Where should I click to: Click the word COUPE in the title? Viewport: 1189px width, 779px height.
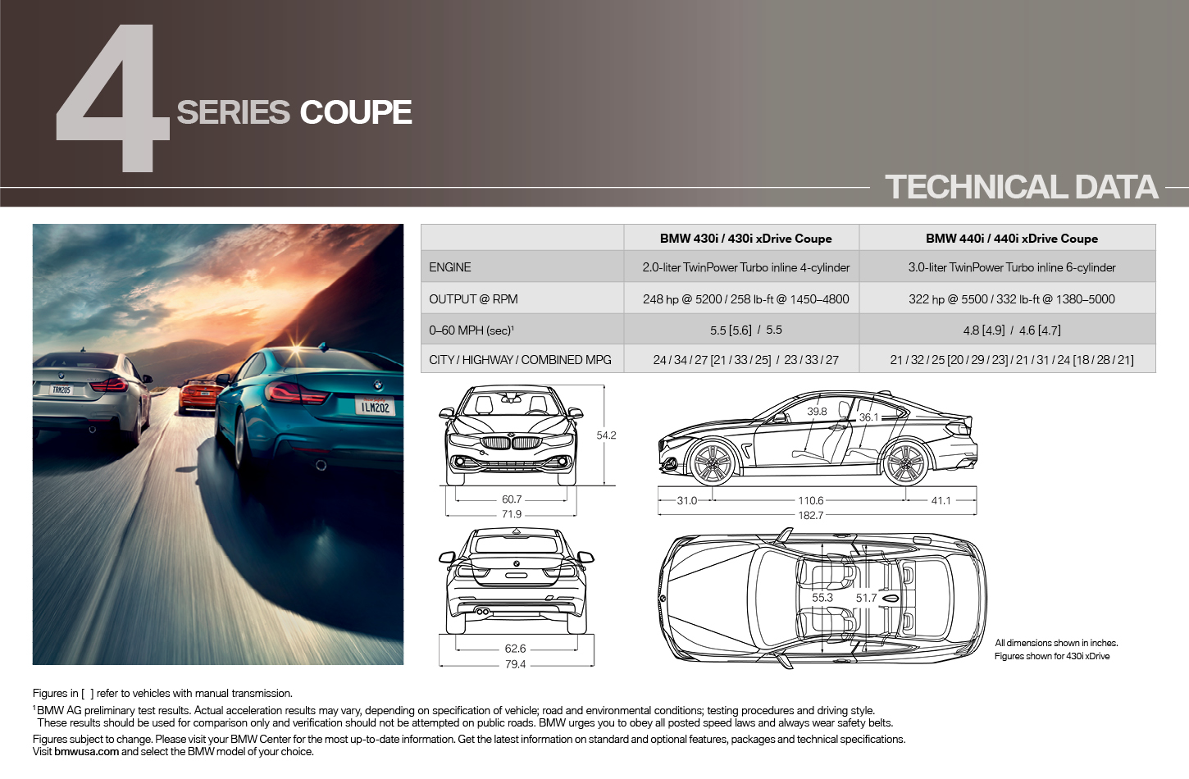coord(356,112)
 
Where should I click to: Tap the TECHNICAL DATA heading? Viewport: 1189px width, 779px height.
coord(1021,187)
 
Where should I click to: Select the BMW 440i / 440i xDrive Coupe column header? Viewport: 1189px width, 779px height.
coord(1012,239)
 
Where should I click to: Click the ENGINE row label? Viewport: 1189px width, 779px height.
coord(449,267)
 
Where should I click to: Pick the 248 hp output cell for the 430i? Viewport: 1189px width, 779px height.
coord(745,298)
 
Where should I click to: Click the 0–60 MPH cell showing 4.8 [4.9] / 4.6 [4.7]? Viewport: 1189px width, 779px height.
coord(1012,330)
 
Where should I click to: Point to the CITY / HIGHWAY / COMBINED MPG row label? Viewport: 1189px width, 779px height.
coord(520,360)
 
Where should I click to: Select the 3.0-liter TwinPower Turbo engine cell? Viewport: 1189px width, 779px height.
coord(1012,267)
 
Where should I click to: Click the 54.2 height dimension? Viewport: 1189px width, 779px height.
coord(606,435)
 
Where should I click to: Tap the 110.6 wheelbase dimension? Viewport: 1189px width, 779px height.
coord(810,500)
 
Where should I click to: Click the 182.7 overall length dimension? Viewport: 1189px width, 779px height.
coord(810,515)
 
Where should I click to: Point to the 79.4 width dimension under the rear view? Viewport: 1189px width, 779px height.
coord(515,664)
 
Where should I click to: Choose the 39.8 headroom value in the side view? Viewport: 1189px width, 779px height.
coord(817,412)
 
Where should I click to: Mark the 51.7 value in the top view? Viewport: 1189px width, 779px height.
coord(866,598)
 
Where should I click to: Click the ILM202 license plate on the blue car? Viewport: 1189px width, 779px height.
coord(376,407)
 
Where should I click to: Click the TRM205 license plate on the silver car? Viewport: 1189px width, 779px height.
coord(61,390)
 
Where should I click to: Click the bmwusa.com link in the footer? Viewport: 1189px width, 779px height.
coord(87,751)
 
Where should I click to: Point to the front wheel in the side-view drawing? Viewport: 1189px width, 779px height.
coord(713,462)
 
